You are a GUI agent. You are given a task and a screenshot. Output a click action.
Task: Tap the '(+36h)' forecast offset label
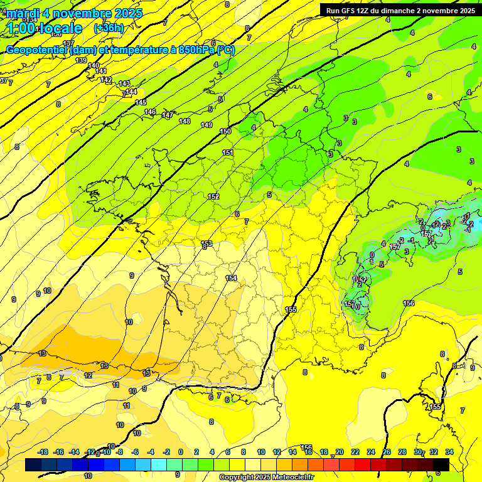click(109, 28)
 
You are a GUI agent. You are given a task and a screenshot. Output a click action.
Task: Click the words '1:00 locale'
click(45, 28)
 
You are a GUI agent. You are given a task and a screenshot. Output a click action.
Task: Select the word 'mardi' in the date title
click(23, 13)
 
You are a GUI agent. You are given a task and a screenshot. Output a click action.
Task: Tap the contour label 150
click(226, 131)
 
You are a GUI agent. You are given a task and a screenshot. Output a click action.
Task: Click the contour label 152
click(213, 197)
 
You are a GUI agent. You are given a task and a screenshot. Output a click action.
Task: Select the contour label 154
click(232, 278)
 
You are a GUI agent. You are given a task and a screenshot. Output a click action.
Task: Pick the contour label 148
click(185, 121)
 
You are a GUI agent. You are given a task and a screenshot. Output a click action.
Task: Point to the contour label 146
click(150, 112)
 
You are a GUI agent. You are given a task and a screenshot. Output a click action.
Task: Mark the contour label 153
click(206, 244)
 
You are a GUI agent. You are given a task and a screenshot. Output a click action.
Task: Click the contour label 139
click(81, 60)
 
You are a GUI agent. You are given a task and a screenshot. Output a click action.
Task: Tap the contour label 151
click(228, 153)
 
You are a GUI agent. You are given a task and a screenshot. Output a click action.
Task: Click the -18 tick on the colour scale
click(43, 452)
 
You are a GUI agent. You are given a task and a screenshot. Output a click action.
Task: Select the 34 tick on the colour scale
click(449, 452)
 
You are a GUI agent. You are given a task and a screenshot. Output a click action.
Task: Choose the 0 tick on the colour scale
click(181, 452)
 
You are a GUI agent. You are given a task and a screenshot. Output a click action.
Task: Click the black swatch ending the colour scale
click(441, 464)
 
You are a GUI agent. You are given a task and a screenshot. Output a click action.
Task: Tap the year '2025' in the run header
click(465, 11)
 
